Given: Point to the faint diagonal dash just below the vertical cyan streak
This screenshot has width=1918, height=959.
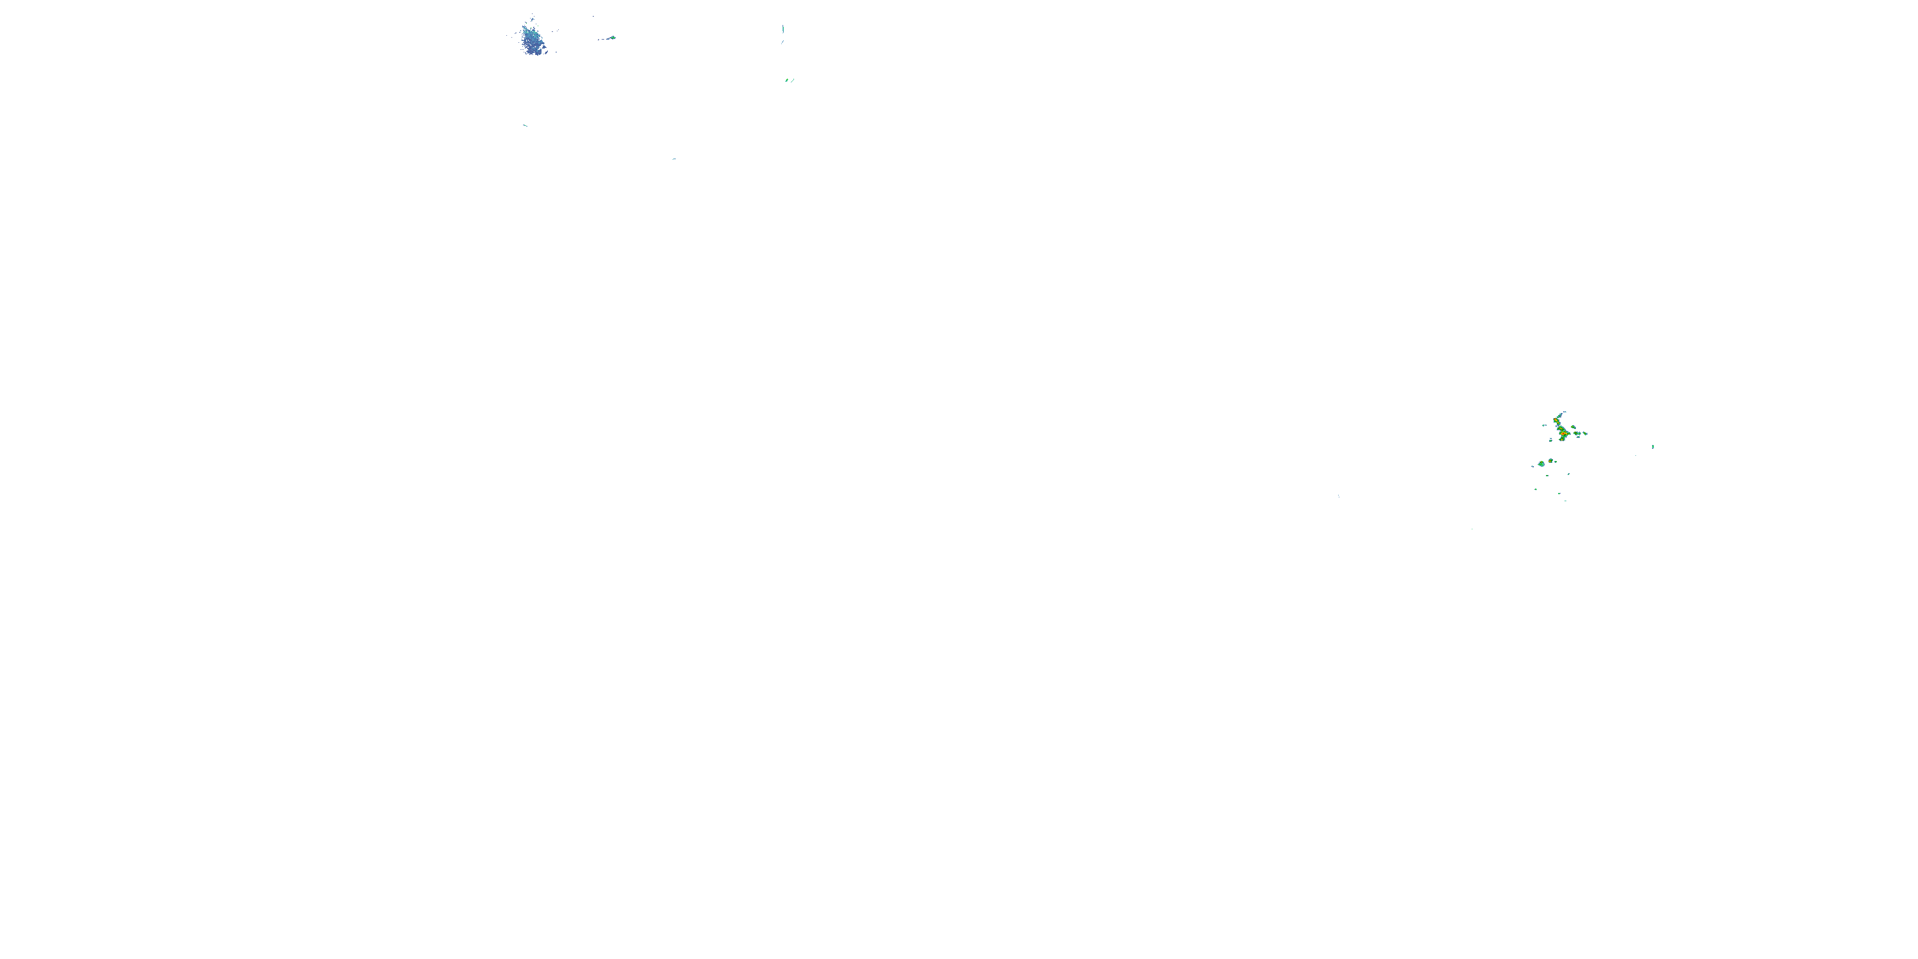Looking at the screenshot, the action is pyautogui.click(x=782, y=42).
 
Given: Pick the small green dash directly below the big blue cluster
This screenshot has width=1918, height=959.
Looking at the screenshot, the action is pyautogui.click(x=525, y=125).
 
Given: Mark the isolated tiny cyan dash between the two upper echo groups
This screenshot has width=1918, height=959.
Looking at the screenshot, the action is pyautogui.click(x=674, y=159).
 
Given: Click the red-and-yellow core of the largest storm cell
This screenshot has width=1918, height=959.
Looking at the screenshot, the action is pyautogui.click(x=1564, y=434).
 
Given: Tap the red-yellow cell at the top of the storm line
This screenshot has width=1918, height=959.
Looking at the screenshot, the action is pyautogui.click(x=1556, y=421).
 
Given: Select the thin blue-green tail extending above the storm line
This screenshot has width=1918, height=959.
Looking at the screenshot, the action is pyautogui.click(x=1561, y=416).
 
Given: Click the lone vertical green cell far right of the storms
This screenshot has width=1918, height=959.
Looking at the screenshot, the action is pyautogui.click(x=1653, y=447).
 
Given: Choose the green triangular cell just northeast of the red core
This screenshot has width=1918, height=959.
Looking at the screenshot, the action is pyautogui.click(x=1574, y=427).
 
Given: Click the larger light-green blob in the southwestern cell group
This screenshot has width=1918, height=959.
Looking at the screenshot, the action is pyautogui.click(x=1542, y=465).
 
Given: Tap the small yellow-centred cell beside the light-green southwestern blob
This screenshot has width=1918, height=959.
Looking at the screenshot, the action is pyautogui.click(x=1551, y=462).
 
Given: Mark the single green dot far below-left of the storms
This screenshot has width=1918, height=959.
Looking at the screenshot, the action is pyautogui.click(x=1472, y=529).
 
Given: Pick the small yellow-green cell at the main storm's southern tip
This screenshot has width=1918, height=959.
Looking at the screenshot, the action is pyautogui.click(x=1562, y=440).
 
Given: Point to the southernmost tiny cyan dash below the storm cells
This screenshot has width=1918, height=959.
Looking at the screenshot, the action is pyautogui.click(x=1566, y=501).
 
